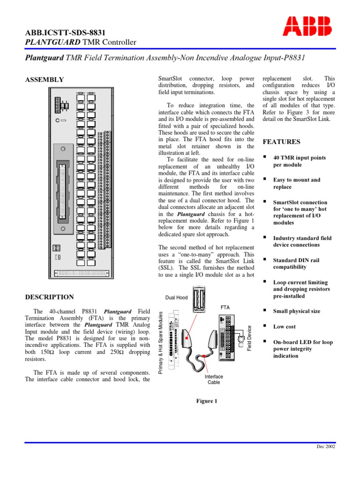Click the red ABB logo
tap(307, 26)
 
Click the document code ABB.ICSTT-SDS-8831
tap(64, 32)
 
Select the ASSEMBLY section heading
tap(45, 80)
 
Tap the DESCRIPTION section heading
tap(49, 297)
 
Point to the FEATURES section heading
tap(282, 142)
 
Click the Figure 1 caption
tap(206, 401)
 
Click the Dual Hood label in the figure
tap(176, 297)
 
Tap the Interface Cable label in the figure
tap(214, 379)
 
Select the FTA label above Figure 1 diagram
tap(225, 307)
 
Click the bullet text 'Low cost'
tap(285, 327)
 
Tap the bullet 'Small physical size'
tap(297, 311)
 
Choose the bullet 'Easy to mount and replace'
tap(297, 183)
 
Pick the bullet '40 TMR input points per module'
tap(299, 161)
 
